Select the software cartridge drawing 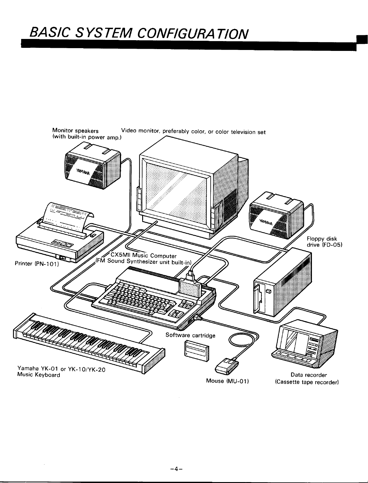pos(197,351)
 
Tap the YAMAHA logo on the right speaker pos(266,222)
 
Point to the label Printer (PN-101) pos(37,263)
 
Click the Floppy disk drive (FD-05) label pos(324,242)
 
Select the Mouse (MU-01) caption pos(227,381)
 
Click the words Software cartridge pos(190,335)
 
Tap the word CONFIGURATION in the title pos(192,34)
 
